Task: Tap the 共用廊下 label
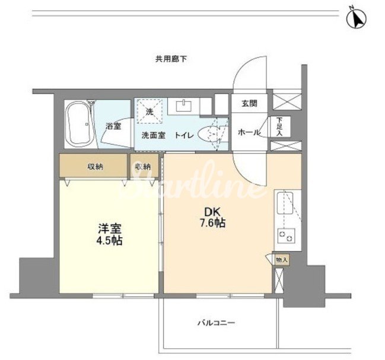pyautogui.click(x=171, y=59)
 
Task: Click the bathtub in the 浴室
pyautogui.click(x=80, y=125)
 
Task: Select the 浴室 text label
pyautogui.click(x=113, y=126)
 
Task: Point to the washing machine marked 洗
pyautogui.click(x=149, y=111)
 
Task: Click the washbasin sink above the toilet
pyautogui.click(x=184, y=106)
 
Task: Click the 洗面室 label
pyautogui.click(x=154, y=135)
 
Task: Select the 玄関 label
pyautogui.click(x=250, y=103)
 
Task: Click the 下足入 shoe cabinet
pyautogui.click(x=280, y=127)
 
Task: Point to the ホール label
pyautogui.click(x=249, y=132)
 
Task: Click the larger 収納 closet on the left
pyautogui.click(x=94, y=165)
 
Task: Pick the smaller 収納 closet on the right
pyautogui.click(x=144, y=165)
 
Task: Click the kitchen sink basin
pyautogui.click(x=285, y=203)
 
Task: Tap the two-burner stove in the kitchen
pyautogui.click(x=287, y=235)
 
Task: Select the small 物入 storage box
pyautogui.click(x=282, y=260)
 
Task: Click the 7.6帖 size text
pyautogui.click(x=212, y=223)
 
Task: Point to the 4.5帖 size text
pyautogui.click(x=110, y=241)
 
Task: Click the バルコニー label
pyautogui.click(x=217, y=323)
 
